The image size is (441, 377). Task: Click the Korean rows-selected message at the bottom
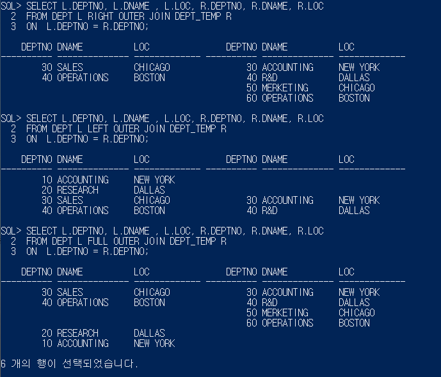[x=69, y=364]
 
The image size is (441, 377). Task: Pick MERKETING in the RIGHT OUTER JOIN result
[x=285, y=88]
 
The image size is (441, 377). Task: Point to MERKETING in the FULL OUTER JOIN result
[x=285, y=313]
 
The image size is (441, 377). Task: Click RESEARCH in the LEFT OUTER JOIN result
[x=77, y=190]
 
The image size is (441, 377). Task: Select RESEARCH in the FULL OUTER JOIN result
[x=77, y=334]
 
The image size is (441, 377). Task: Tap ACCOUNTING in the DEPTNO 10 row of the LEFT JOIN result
[x=83, y=180]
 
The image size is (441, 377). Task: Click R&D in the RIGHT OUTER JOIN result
[x=269, y=78]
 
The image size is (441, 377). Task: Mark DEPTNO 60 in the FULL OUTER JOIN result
[x=252, y=323]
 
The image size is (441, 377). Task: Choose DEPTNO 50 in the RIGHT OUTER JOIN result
[x=252, y=88]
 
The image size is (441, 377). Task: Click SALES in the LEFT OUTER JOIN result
[x=70, y=201]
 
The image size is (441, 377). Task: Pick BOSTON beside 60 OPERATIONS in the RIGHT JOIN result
[x=354, y=98]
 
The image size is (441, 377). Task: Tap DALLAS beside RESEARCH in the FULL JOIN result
[x=149, y=334]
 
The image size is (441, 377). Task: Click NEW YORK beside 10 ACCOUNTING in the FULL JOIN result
[x=154, y=344]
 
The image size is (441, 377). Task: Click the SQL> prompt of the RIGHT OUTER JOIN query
[x=11, y=6]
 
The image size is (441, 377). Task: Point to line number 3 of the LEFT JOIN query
[x=13, y=139]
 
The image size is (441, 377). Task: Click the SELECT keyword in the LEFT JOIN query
[x=42, y=119]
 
